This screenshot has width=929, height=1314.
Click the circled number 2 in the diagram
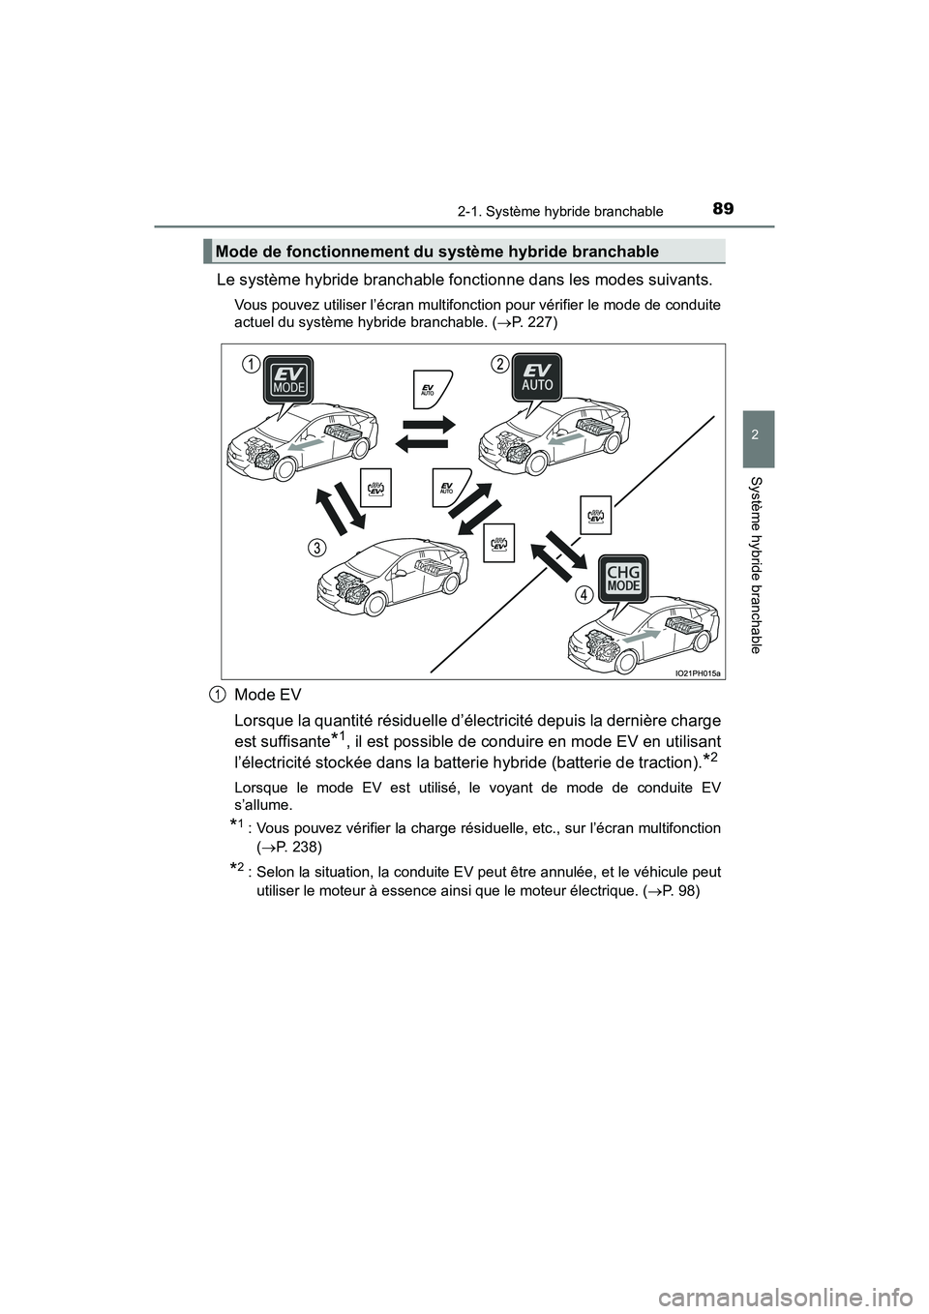pos(498,363)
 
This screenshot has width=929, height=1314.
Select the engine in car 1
pos(261,455)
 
